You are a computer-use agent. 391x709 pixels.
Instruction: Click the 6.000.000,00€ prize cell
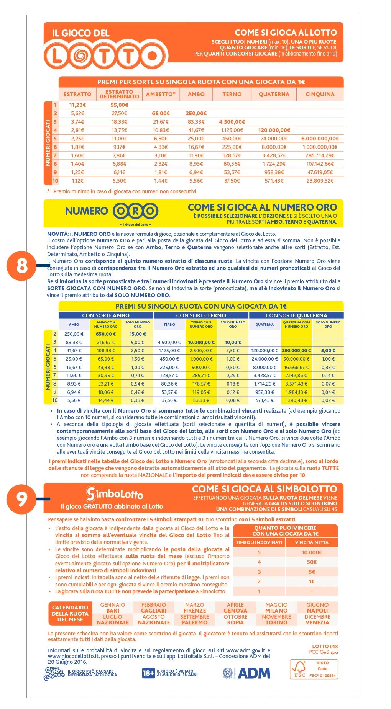320,139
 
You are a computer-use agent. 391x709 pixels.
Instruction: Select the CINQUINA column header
320,94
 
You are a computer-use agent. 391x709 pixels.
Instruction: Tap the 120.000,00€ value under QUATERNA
274,130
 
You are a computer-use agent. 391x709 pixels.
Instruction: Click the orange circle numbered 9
22,498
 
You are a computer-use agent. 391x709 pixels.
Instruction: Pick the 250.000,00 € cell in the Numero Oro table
296,350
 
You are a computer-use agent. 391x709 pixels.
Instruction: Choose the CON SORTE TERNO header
201,315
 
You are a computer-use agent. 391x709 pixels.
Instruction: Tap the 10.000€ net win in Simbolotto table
312,552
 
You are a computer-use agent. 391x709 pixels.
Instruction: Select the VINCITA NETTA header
312,542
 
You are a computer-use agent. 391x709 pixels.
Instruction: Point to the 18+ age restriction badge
148,673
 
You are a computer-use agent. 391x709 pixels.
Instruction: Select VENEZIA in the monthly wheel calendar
317,622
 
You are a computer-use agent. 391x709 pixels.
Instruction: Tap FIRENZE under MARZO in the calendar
194,611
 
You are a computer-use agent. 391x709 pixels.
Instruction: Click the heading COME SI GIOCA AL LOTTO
286,33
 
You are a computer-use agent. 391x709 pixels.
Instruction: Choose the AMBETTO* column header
161,94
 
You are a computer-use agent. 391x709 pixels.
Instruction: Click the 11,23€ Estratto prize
77,105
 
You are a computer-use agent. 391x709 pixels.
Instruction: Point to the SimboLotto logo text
114,494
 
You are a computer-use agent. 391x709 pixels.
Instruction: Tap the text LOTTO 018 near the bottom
325,647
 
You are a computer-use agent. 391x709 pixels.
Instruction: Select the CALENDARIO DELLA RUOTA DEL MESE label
70,613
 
